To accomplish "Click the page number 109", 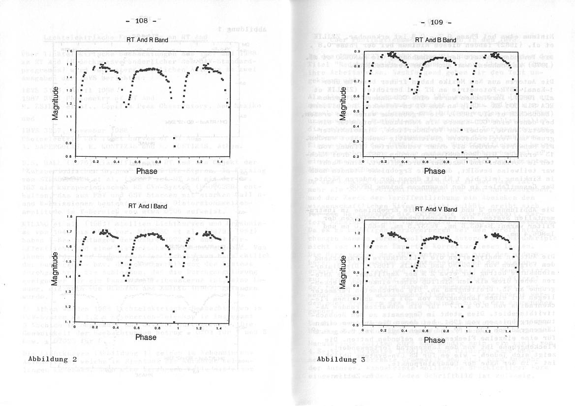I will click(437, 22).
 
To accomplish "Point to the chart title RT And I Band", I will click(146, 207).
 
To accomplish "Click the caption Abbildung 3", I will click(341, 359).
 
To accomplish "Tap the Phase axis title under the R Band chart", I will click(147, 171).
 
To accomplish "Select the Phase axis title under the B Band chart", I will click(434, 171).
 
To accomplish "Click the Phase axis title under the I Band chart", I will click(146, 337).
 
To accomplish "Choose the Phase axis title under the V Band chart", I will click(434, 340).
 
